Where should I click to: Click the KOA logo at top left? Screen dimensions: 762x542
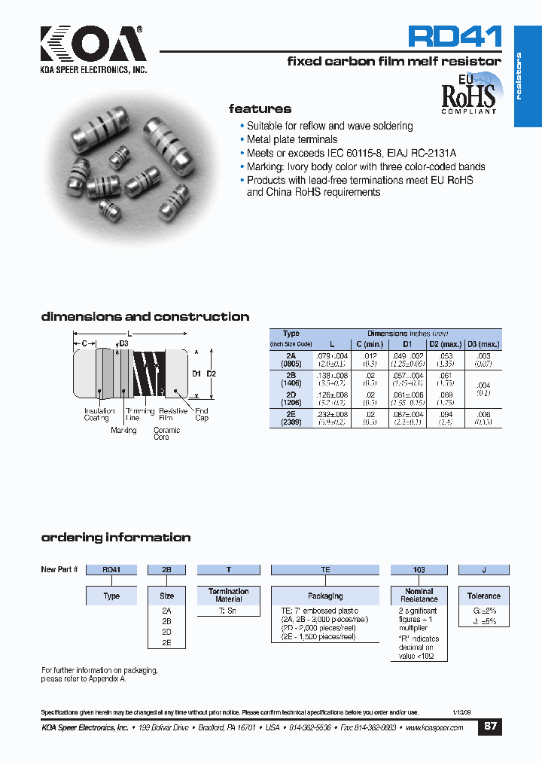click(x=92, y=46)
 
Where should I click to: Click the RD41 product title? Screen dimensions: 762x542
click(x=454, y=37)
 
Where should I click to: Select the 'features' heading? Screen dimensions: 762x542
click(x=260, y=109)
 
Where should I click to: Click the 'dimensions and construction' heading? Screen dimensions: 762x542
click(x=145, y=317)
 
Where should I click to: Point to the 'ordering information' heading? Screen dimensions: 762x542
click(x=115, y=538)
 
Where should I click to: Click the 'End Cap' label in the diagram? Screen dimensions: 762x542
click(x=202, y=414)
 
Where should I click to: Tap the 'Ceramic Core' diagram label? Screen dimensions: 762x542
click(x=166, y=434)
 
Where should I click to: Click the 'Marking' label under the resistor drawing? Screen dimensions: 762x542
click(x=123, y=431)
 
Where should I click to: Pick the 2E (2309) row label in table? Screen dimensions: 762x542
click(x=291, y=419)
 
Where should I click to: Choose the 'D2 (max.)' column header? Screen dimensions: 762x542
click(x=445, y=344)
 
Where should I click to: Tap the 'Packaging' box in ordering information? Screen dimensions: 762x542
click(x=325, y=596)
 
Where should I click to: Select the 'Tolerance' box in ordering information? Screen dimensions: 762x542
click(x=483, y=596)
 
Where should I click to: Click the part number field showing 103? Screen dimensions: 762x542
click(x=419, y=570)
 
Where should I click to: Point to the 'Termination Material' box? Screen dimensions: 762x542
click(x=228, y=596)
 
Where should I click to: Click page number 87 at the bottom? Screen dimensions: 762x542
click(x=490, y=727)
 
